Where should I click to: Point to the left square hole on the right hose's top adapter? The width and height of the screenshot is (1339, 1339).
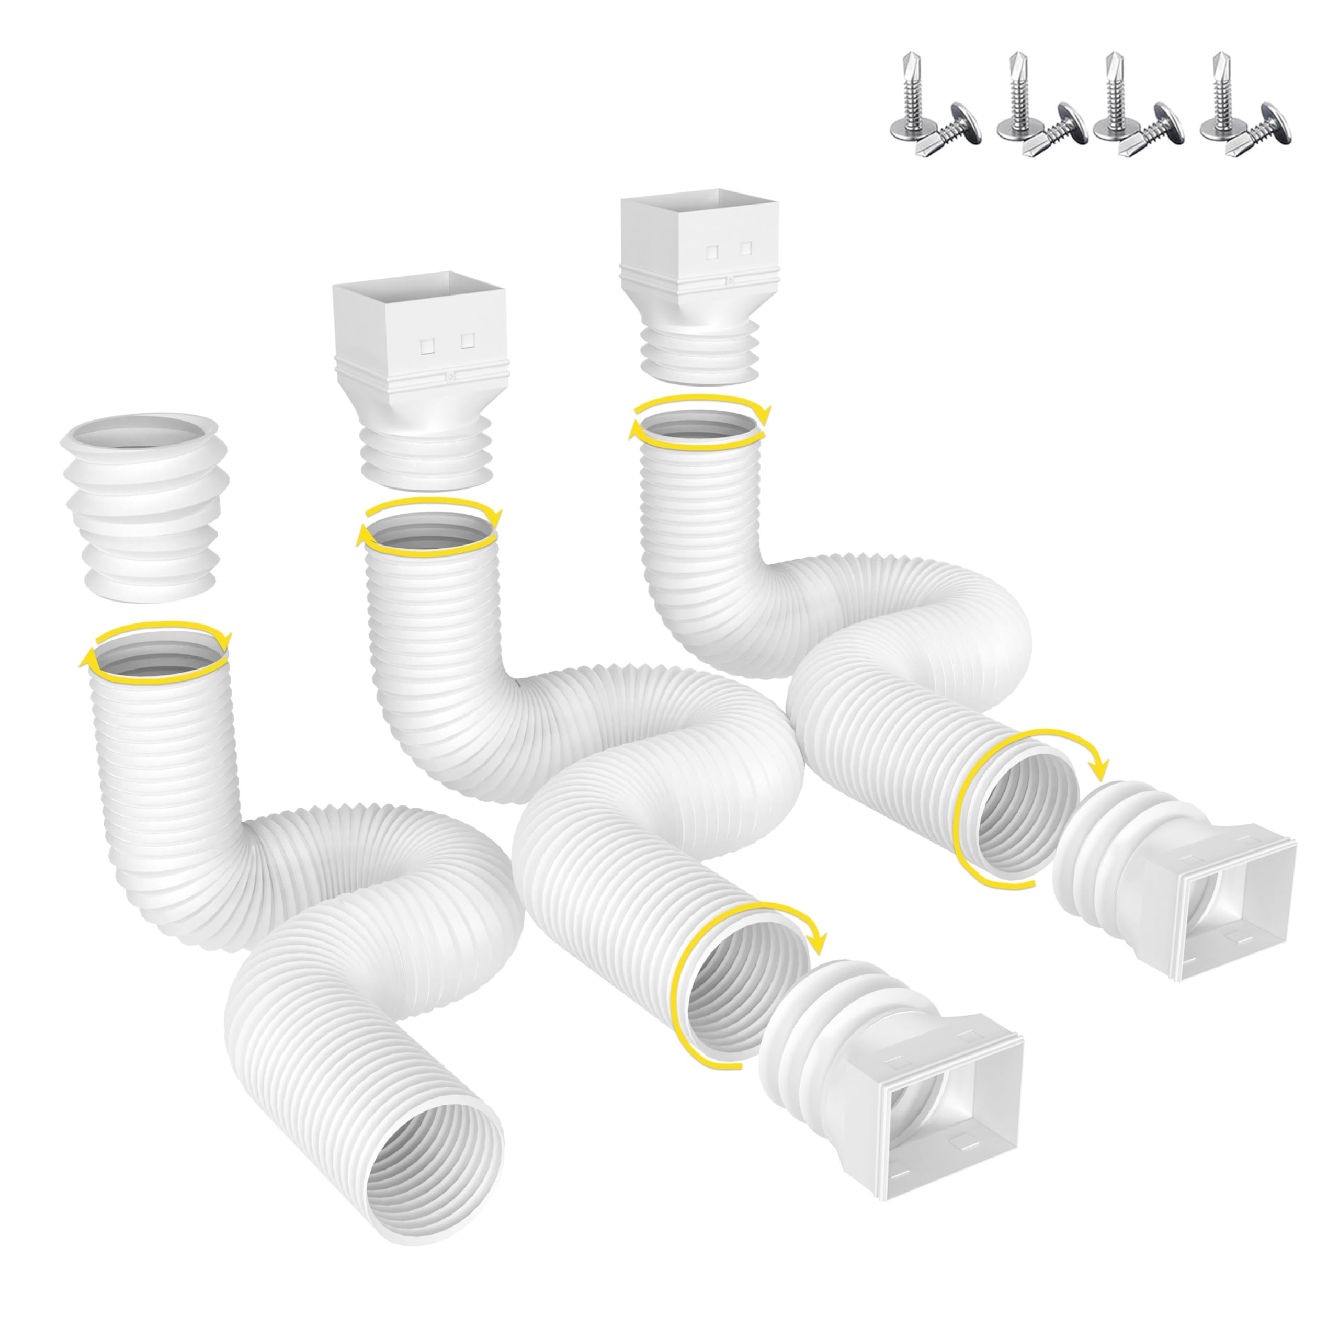tap(711, 251)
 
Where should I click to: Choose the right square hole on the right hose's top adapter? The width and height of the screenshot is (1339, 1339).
tap(746, 247)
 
